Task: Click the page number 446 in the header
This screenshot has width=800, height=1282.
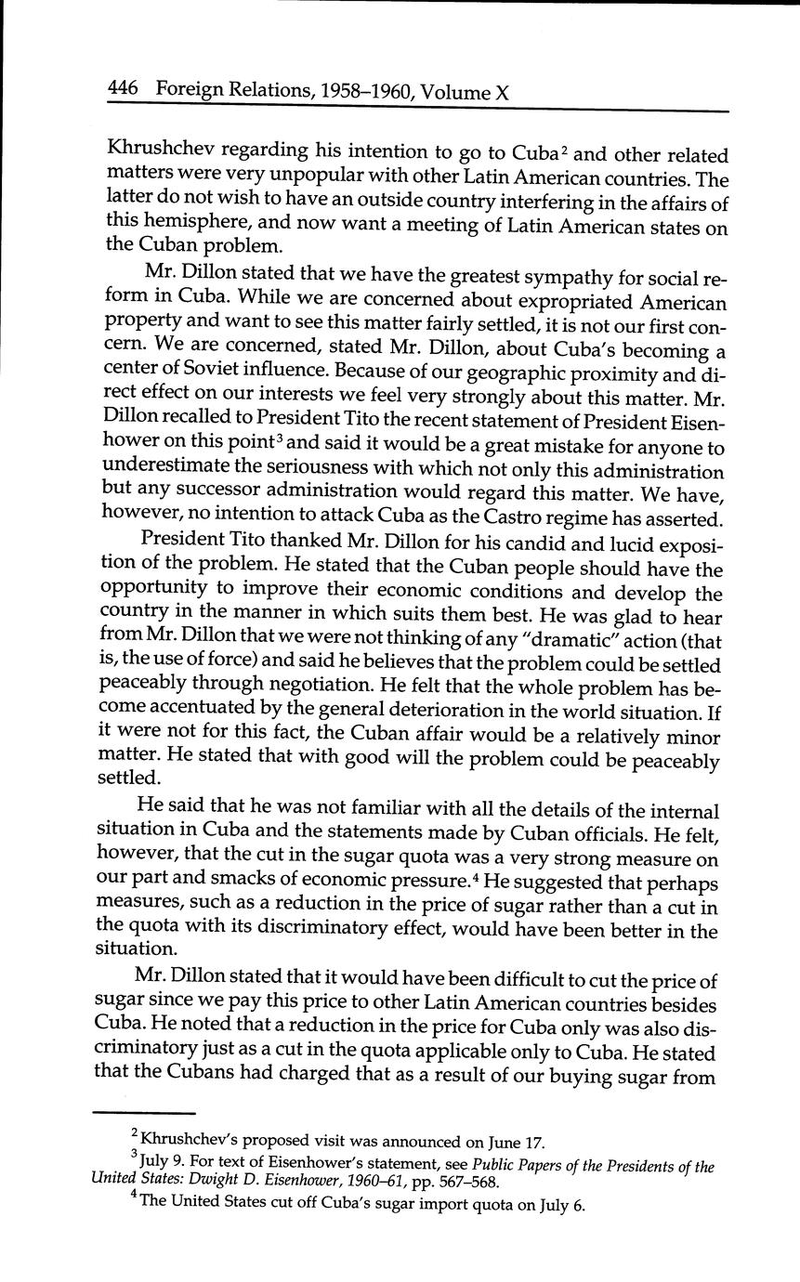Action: (123, 89)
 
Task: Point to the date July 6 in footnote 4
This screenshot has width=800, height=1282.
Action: (560, 1208)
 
